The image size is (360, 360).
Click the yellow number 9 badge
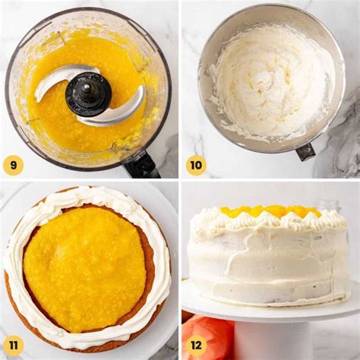point(13,165)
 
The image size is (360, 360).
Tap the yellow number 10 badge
point(196,165)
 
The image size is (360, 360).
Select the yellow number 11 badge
point(13,346)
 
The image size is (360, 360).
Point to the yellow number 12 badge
point(196,346)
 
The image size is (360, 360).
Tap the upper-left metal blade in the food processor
point(61,78)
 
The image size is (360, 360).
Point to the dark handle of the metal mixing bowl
point(305,151)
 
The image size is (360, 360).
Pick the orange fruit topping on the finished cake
point(270,210)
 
